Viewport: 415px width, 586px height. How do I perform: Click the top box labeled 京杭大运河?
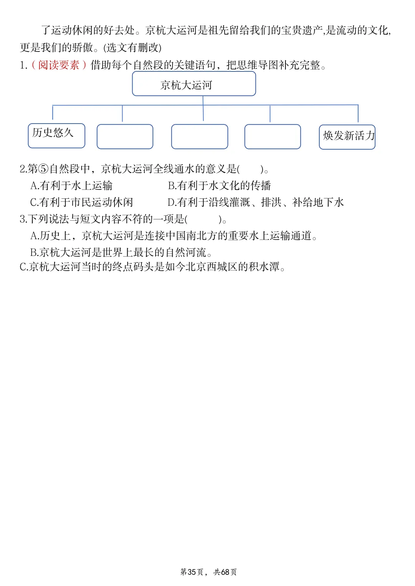coord(194,84)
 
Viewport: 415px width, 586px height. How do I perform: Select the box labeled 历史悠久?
coord(56,136)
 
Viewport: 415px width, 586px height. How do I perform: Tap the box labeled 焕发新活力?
coord(347,137)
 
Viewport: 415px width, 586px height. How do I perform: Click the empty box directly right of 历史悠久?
coord(125,137)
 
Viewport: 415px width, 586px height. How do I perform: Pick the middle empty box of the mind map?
coord(200,137)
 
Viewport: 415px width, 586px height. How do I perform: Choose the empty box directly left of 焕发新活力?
coord(273,137)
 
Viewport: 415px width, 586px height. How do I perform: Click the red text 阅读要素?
coord(59,65)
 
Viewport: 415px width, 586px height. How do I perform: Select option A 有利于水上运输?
coord(71,186)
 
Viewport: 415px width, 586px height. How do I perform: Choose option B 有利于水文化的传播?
coord(219,186)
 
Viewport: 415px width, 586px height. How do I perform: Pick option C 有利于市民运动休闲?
coord(81,203)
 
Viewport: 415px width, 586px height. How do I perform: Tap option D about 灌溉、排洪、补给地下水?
coord(256,203)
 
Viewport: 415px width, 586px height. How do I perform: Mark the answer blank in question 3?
coord(203,219)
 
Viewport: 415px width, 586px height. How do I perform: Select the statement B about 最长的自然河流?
coord(121,253)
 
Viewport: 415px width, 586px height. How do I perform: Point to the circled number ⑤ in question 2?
coord(43,169)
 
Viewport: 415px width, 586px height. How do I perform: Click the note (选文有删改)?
coord(132,48)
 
